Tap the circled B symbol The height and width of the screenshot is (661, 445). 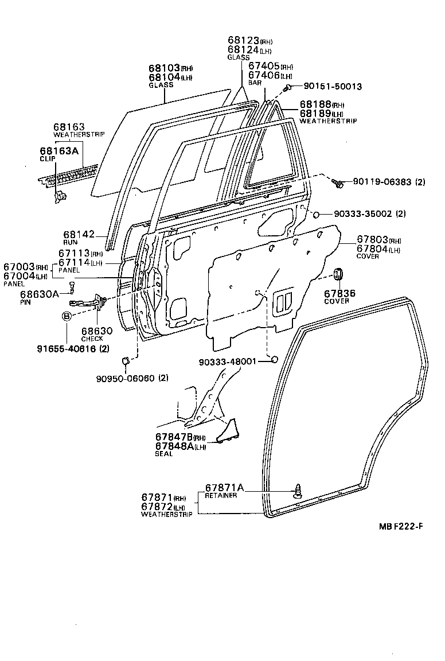[x=67, y=316]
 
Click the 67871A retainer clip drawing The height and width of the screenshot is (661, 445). [x=298, y=491]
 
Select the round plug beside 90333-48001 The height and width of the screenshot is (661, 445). [x=274, y=360]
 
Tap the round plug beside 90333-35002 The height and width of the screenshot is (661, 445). [x=315, y=214]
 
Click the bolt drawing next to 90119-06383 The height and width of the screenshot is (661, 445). [x=338, y=184]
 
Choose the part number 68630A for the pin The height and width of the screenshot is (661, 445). [x=39, y=294]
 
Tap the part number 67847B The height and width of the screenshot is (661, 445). [x=172, y=438]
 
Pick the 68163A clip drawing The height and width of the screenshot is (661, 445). [x=59, y=196]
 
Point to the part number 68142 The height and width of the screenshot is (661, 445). [x=78, y=235]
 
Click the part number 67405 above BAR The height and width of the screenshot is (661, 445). [x=263, y=66]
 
